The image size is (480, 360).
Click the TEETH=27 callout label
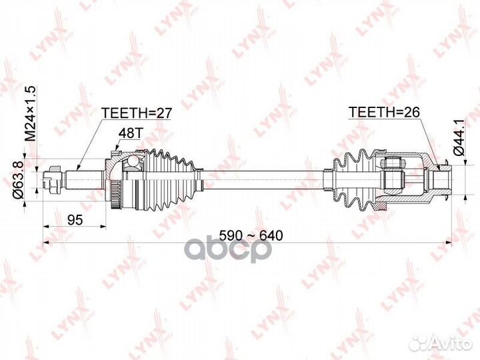click(137, 113)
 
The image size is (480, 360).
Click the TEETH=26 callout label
click(384, 113)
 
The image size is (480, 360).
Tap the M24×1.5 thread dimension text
click(31, 113)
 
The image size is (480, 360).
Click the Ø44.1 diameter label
click(460, 137)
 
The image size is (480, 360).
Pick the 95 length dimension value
click(75, 219)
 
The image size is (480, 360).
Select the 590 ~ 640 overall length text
click(251, 235)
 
